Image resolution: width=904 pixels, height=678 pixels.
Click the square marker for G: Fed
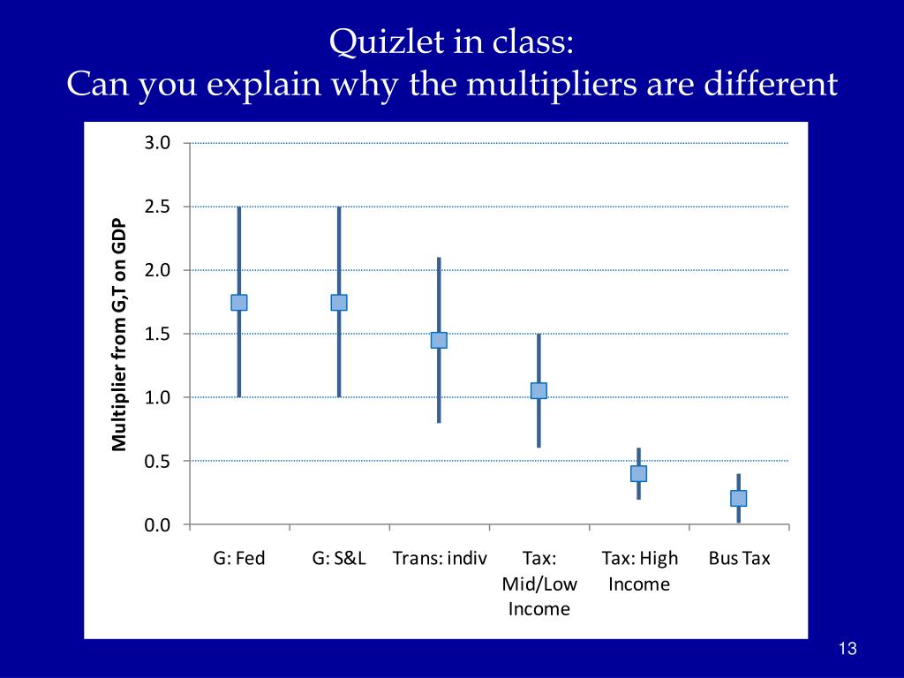(238, 302)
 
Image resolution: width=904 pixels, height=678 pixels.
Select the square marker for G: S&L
(338, 302)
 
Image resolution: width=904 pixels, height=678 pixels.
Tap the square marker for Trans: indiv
(439, 340)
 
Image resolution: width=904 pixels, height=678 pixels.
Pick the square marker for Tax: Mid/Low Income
(539, 390)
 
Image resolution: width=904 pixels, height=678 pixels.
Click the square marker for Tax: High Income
(638, 473)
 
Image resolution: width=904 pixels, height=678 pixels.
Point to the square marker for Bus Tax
(739, 498)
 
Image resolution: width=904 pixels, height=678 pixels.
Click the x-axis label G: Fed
(239, 558)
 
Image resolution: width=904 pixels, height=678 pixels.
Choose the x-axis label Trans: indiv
(440, 558)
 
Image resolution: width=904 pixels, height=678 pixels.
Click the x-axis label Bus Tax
(740, 558)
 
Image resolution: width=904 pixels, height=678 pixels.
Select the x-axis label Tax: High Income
(639, 570)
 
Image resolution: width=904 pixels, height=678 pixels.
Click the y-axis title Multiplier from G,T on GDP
(119, 335)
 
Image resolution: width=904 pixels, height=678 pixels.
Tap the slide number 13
(847, 649)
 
